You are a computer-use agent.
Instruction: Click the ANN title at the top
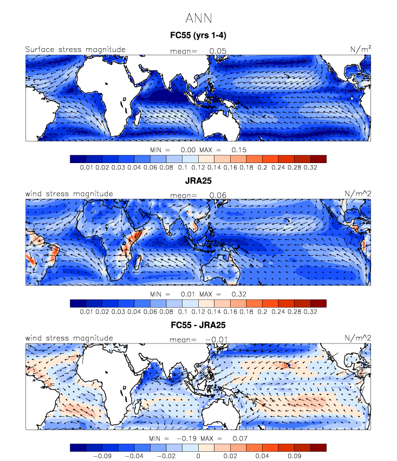pyautogui.click(x=198, y=18)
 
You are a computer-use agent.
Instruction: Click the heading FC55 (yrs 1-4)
pyautogui.click(x=198, y=36)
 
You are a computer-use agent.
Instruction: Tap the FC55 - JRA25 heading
pyautogui.click(x=198, y=325)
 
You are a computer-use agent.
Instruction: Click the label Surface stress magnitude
pyautogui.click(x=75, y=50)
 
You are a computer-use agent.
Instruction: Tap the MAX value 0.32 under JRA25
pyautogui.click(x=239, y=293)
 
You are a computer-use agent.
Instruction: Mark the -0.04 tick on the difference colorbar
pyautogui.click(x=134, y=456)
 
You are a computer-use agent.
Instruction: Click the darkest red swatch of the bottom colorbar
pyautogui.click(x=318, y=447)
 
